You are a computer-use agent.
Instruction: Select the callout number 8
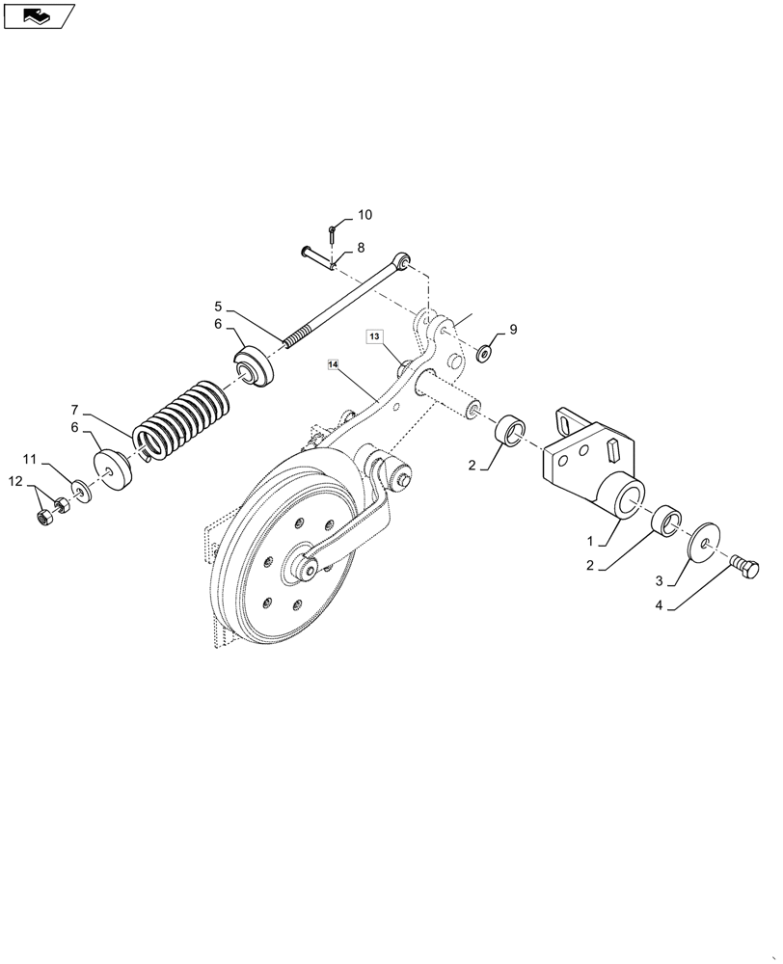(x=361, y=248)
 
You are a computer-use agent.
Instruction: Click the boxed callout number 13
(x=375, y=335)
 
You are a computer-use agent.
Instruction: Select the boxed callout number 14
(x=334, y=365)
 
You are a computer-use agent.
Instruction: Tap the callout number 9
(x=513, y=330)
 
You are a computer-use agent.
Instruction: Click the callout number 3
(x=659, y=581)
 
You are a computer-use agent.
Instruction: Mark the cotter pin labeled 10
(x=332, y=233)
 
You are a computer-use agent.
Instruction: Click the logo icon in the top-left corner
(x=39, y=14)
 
